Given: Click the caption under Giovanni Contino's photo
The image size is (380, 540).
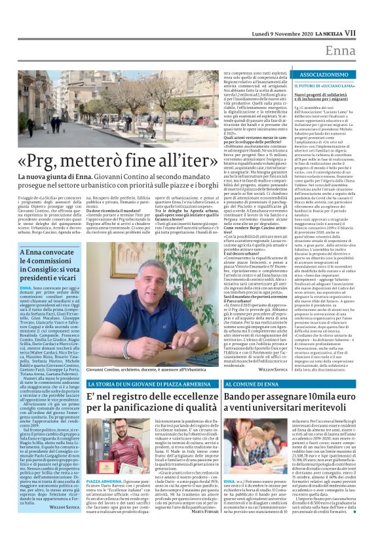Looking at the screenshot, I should click(148, 371).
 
